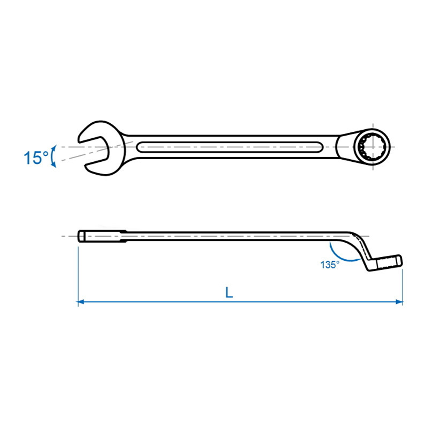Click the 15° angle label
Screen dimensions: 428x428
(36, 158)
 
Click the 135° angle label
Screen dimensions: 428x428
(330, 265)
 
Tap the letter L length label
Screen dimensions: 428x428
(229, 293)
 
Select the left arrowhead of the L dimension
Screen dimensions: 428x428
(80, 302)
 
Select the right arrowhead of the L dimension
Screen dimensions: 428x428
(399, 302)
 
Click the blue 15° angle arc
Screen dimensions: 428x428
(53, 156)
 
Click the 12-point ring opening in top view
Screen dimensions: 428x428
(372, 147)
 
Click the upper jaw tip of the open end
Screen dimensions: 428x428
(79, 140)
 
